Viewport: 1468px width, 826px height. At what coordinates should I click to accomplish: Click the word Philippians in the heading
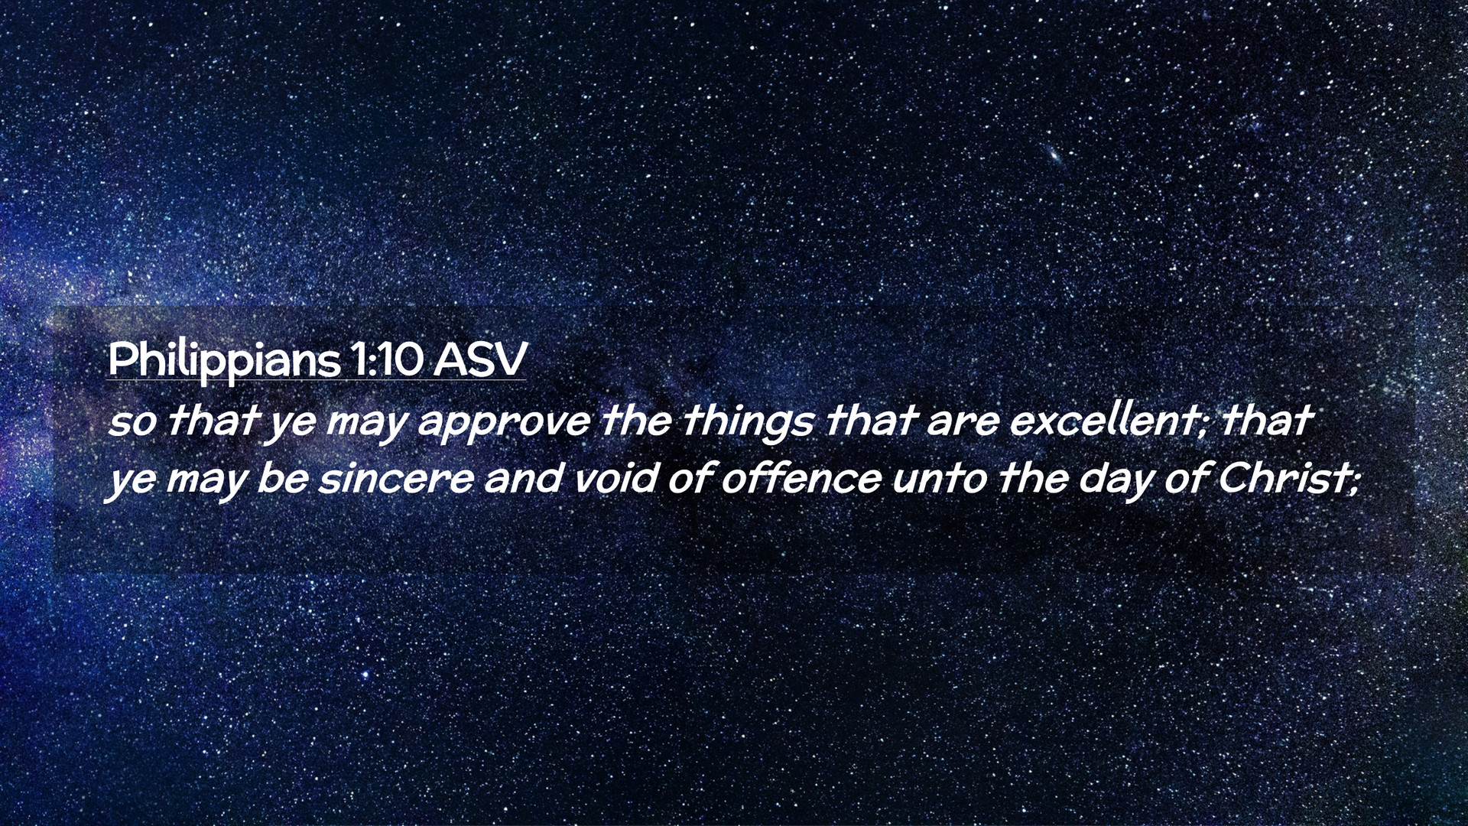(223, 360)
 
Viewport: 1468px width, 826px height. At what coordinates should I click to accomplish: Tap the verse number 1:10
(386, 359)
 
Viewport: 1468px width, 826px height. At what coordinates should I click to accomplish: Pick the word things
(747, 423)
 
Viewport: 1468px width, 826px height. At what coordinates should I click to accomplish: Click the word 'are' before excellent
(963, 423)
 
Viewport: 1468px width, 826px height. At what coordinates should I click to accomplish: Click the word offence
(801, 479)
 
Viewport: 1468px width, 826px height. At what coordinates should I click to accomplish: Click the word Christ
(1284, 479)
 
